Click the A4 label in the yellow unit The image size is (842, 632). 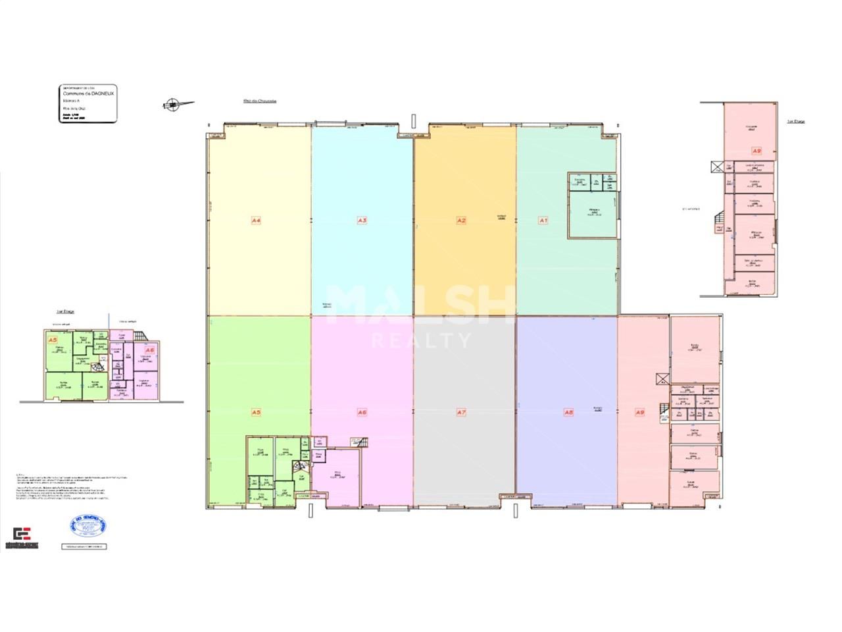click(x=257, y=221)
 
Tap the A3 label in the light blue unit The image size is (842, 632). click(x=362, y=221)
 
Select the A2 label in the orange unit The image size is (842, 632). click(x=461, y=221)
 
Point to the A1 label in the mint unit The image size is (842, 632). click(x=543, y=221)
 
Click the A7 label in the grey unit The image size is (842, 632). click(x=461, y=413)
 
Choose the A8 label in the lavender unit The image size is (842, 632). click(x=569, y=413)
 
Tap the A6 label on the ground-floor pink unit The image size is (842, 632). click(x=362, y=413)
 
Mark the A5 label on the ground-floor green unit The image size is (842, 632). click(x=257, y=413)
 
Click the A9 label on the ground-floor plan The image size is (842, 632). click(x=639, y=413)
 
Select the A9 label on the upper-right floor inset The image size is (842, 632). click(x=756, y=151)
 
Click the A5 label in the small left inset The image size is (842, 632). click(x=53, y=340)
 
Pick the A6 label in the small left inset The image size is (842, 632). click(x=150, y=350)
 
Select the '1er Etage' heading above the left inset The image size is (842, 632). click(x=64, y=312)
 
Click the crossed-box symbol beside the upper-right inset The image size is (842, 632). click(x=716, y=167)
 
